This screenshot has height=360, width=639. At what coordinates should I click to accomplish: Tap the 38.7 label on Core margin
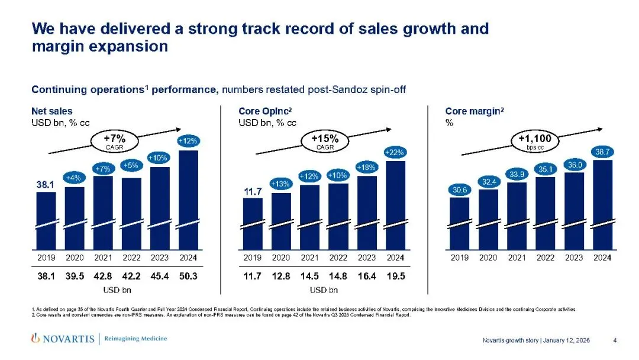pyautogui.click(x=603, y=152)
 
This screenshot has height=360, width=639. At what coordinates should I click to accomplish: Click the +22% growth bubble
pyautogui.click(x=395, y=153)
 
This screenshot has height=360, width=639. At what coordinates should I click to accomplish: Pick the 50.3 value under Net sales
pyautogui.click(x=188, y=275)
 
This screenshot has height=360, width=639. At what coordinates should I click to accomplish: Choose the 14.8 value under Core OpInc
pyautogui.click(x=338, y=275)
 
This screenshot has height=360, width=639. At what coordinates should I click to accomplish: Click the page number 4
pyautogui.click(x=615, y=340)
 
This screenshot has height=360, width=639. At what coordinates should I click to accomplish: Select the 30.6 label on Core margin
pyautogui.click(x=460, y=190)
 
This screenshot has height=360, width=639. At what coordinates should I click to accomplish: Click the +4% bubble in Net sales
pyautogui.click(x=75, y=178)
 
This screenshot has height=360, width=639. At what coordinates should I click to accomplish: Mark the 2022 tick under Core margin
pyautogui.click(x=546, y=258)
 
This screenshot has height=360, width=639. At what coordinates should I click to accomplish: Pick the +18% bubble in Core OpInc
pyautogui.click(x=367, y=168)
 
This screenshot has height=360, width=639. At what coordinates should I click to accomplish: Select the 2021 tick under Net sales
pyautogui.click(x=103, y=258)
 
